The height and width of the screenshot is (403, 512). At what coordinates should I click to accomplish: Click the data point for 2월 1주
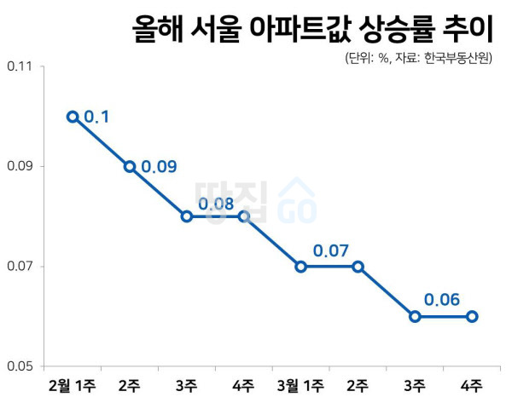tap(73, 117)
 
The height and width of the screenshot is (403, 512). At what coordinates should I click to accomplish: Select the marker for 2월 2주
tap(130, 167)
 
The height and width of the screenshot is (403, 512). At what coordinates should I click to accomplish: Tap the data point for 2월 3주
tap(187, 216)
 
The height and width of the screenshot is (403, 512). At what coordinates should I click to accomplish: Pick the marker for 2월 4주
tap(244, 216)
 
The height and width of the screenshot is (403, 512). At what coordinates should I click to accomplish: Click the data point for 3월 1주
tap(301, 267)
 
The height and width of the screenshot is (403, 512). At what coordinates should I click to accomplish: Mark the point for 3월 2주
tap(358, 267)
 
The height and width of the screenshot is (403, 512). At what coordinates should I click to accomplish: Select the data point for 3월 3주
tap(415, 316)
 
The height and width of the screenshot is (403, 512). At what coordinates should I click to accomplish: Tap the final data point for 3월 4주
tap(472, 316)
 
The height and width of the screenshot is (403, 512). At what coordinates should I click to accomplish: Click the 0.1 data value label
tap(96, 116)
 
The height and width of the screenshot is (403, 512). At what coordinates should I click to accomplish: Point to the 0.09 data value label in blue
tap(159, 166)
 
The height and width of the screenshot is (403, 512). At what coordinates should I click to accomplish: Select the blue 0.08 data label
tap(216, 203)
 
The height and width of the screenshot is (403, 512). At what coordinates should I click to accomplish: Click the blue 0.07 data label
tap(330, 251)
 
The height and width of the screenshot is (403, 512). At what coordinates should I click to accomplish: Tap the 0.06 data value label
tap(442, 300)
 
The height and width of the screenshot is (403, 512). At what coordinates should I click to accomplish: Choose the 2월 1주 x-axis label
tap(73, 386)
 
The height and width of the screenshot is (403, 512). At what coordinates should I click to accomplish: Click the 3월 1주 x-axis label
tap(301, 386)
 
